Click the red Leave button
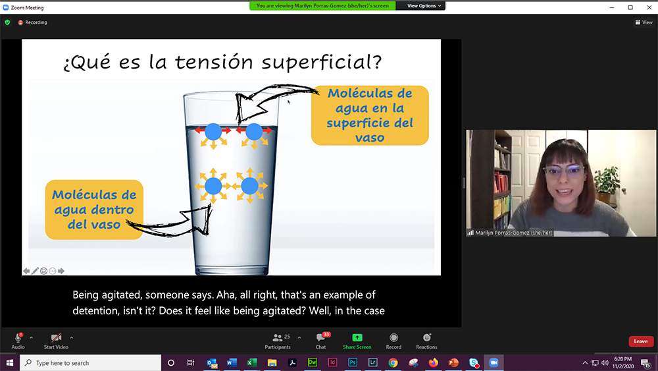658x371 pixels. (x=641, y=341)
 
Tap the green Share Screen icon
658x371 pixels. (x=357, y=338)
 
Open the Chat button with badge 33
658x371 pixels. (x=320, y=338)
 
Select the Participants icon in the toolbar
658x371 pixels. (x=278, y=338)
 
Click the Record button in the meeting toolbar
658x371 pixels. (x=393, y=338)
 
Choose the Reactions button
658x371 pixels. (x=426, y=338)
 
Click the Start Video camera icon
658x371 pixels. (x=56, y=338)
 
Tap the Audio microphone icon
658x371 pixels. (x=18, y=338)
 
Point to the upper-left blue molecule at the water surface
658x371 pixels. (x=213, y=132)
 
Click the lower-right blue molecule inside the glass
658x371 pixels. (x=249, y=186)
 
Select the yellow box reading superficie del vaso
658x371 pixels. (x=370, y=115)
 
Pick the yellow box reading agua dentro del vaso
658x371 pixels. (x=94, y=210)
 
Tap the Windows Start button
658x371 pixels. (x=10, y=363)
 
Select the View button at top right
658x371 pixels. (x=644, y=22)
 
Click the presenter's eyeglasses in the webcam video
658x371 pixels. (x=563, y=171)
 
